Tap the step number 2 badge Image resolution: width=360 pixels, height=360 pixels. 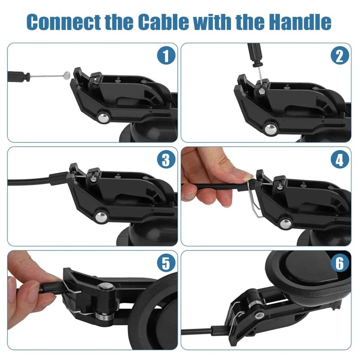pos(339,56)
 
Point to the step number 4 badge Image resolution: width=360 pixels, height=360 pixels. pos(339,160)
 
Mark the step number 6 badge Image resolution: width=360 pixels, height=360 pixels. pos(339,264)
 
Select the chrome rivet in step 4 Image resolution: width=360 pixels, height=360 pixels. pos(285,223)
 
